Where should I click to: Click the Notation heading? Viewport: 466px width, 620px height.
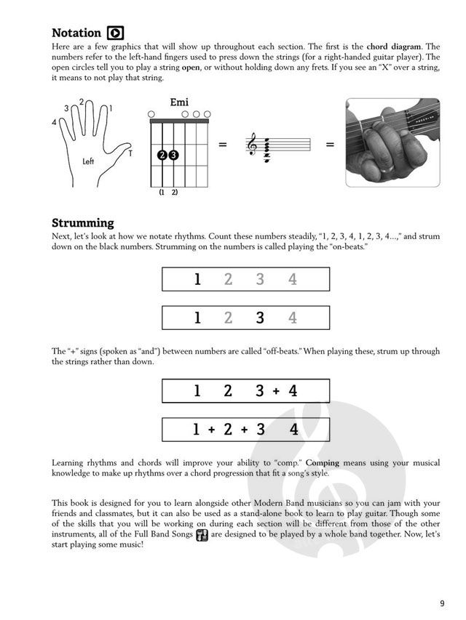(76, 33)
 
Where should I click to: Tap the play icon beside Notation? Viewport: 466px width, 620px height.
(115, 33)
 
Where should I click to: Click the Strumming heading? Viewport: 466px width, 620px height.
(82, 222)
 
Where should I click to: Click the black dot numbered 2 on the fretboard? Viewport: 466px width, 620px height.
(162, 155)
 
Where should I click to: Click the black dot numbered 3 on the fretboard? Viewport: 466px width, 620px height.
(173, 155)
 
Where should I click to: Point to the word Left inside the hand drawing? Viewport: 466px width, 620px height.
(89, 161)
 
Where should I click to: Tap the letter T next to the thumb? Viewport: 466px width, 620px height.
(130, 153)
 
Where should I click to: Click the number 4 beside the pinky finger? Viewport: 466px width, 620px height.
(54, 123)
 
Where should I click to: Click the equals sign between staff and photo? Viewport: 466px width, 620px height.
(330, 145)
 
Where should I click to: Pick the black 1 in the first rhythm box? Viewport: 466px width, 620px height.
(197, 279)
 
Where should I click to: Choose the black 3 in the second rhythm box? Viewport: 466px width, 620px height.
(260, 318)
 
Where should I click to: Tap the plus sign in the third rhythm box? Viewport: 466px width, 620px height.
(277, 391)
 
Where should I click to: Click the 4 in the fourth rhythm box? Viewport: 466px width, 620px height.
(294, 430)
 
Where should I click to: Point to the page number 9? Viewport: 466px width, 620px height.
(442, 603)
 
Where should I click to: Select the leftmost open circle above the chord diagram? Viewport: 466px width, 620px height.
(151, 114)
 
